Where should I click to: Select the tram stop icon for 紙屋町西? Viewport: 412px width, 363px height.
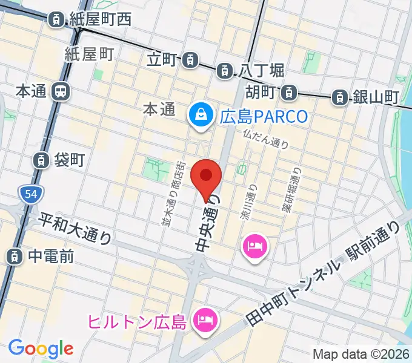coord(56,19)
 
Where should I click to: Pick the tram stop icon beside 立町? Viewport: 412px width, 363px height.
coord(190,59)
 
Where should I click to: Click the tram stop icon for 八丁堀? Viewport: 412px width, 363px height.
coord(225,70)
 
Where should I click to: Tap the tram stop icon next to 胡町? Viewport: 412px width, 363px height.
coord(290,92)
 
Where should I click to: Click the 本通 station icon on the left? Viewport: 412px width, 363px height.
coord(61,92)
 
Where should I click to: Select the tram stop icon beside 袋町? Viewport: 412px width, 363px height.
coord(41,160)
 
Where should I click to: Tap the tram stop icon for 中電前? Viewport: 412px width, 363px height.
coord(13,256)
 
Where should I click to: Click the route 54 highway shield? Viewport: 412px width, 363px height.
coord(28,194)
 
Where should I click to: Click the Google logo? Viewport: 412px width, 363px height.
coord(40,348)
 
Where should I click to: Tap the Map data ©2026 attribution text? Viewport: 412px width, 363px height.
coord(361,353)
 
